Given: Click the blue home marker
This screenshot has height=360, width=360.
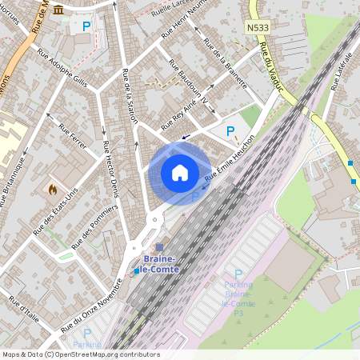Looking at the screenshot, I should click(x=179, y=172).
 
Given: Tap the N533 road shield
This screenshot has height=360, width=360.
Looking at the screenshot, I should click(x=256, y=28).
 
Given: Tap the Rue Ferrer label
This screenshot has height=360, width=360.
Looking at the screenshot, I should click(x=70, y=134).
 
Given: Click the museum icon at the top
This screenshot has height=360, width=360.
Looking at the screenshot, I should click(x=59, y=17).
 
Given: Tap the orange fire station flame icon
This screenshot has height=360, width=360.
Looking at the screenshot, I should click(x=53, y=190).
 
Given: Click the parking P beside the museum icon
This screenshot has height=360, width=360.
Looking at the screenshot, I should click(x=86, y=26).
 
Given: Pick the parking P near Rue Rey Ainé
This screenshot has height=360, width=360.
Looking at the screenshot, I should click(x=230, y=131).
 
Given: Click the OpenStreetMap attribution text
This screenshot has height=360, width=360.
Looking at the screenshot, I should click(x=81, y=354).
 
